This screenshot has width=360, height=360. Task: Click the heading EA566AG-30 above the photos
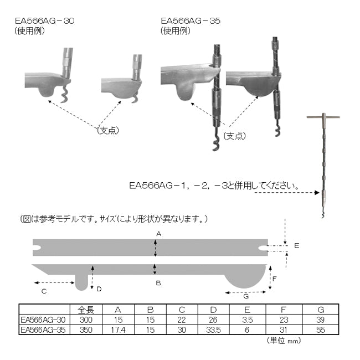coord(45,20)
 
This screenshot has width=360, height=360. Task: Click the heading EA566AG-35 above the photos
coord(191,20)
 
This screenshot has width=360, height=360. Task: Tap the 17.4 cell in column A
coord(118,330)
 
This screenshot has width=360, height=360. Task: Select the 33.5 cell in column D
coord(214,330)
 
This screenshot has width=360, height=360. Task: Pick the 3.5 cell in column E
coord(247,320)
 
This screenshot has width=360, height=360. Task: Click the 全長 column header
coord(86,310)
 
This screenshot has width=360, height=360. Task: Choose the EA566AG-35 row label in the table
coord(43,330)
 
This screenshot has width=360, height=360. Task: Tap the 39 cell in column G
coord(321,320)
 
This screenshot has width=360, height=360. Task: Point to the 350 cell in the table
coord(86,330)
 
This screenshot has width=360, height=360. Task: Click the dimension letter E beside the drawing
coord(297,246)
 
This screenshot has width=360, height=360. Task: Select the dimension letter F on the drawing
coord(275,279)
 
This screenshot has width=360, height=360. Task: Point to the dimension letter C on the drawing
coord(44,291)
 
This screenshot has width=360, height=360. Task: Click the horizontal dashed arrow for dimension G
coord(245,292)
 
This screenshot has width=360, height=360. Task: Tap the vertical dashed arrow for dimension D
coord(92,277)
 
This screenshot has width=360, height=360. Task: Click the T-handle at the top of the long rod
coord(323,117)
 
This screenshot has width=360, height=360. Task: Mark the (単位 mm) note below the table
coord(284,341)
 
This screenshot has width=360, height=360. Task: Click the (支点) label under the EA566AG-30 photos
coord(108,130)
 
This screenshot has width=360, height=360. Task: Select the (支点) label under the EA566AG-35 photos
coord(235,136)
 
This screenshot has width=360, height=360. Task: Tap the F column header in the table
coord(284,310)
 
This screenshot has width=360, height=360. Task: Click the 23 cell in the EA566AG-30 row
coord(284,320)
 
